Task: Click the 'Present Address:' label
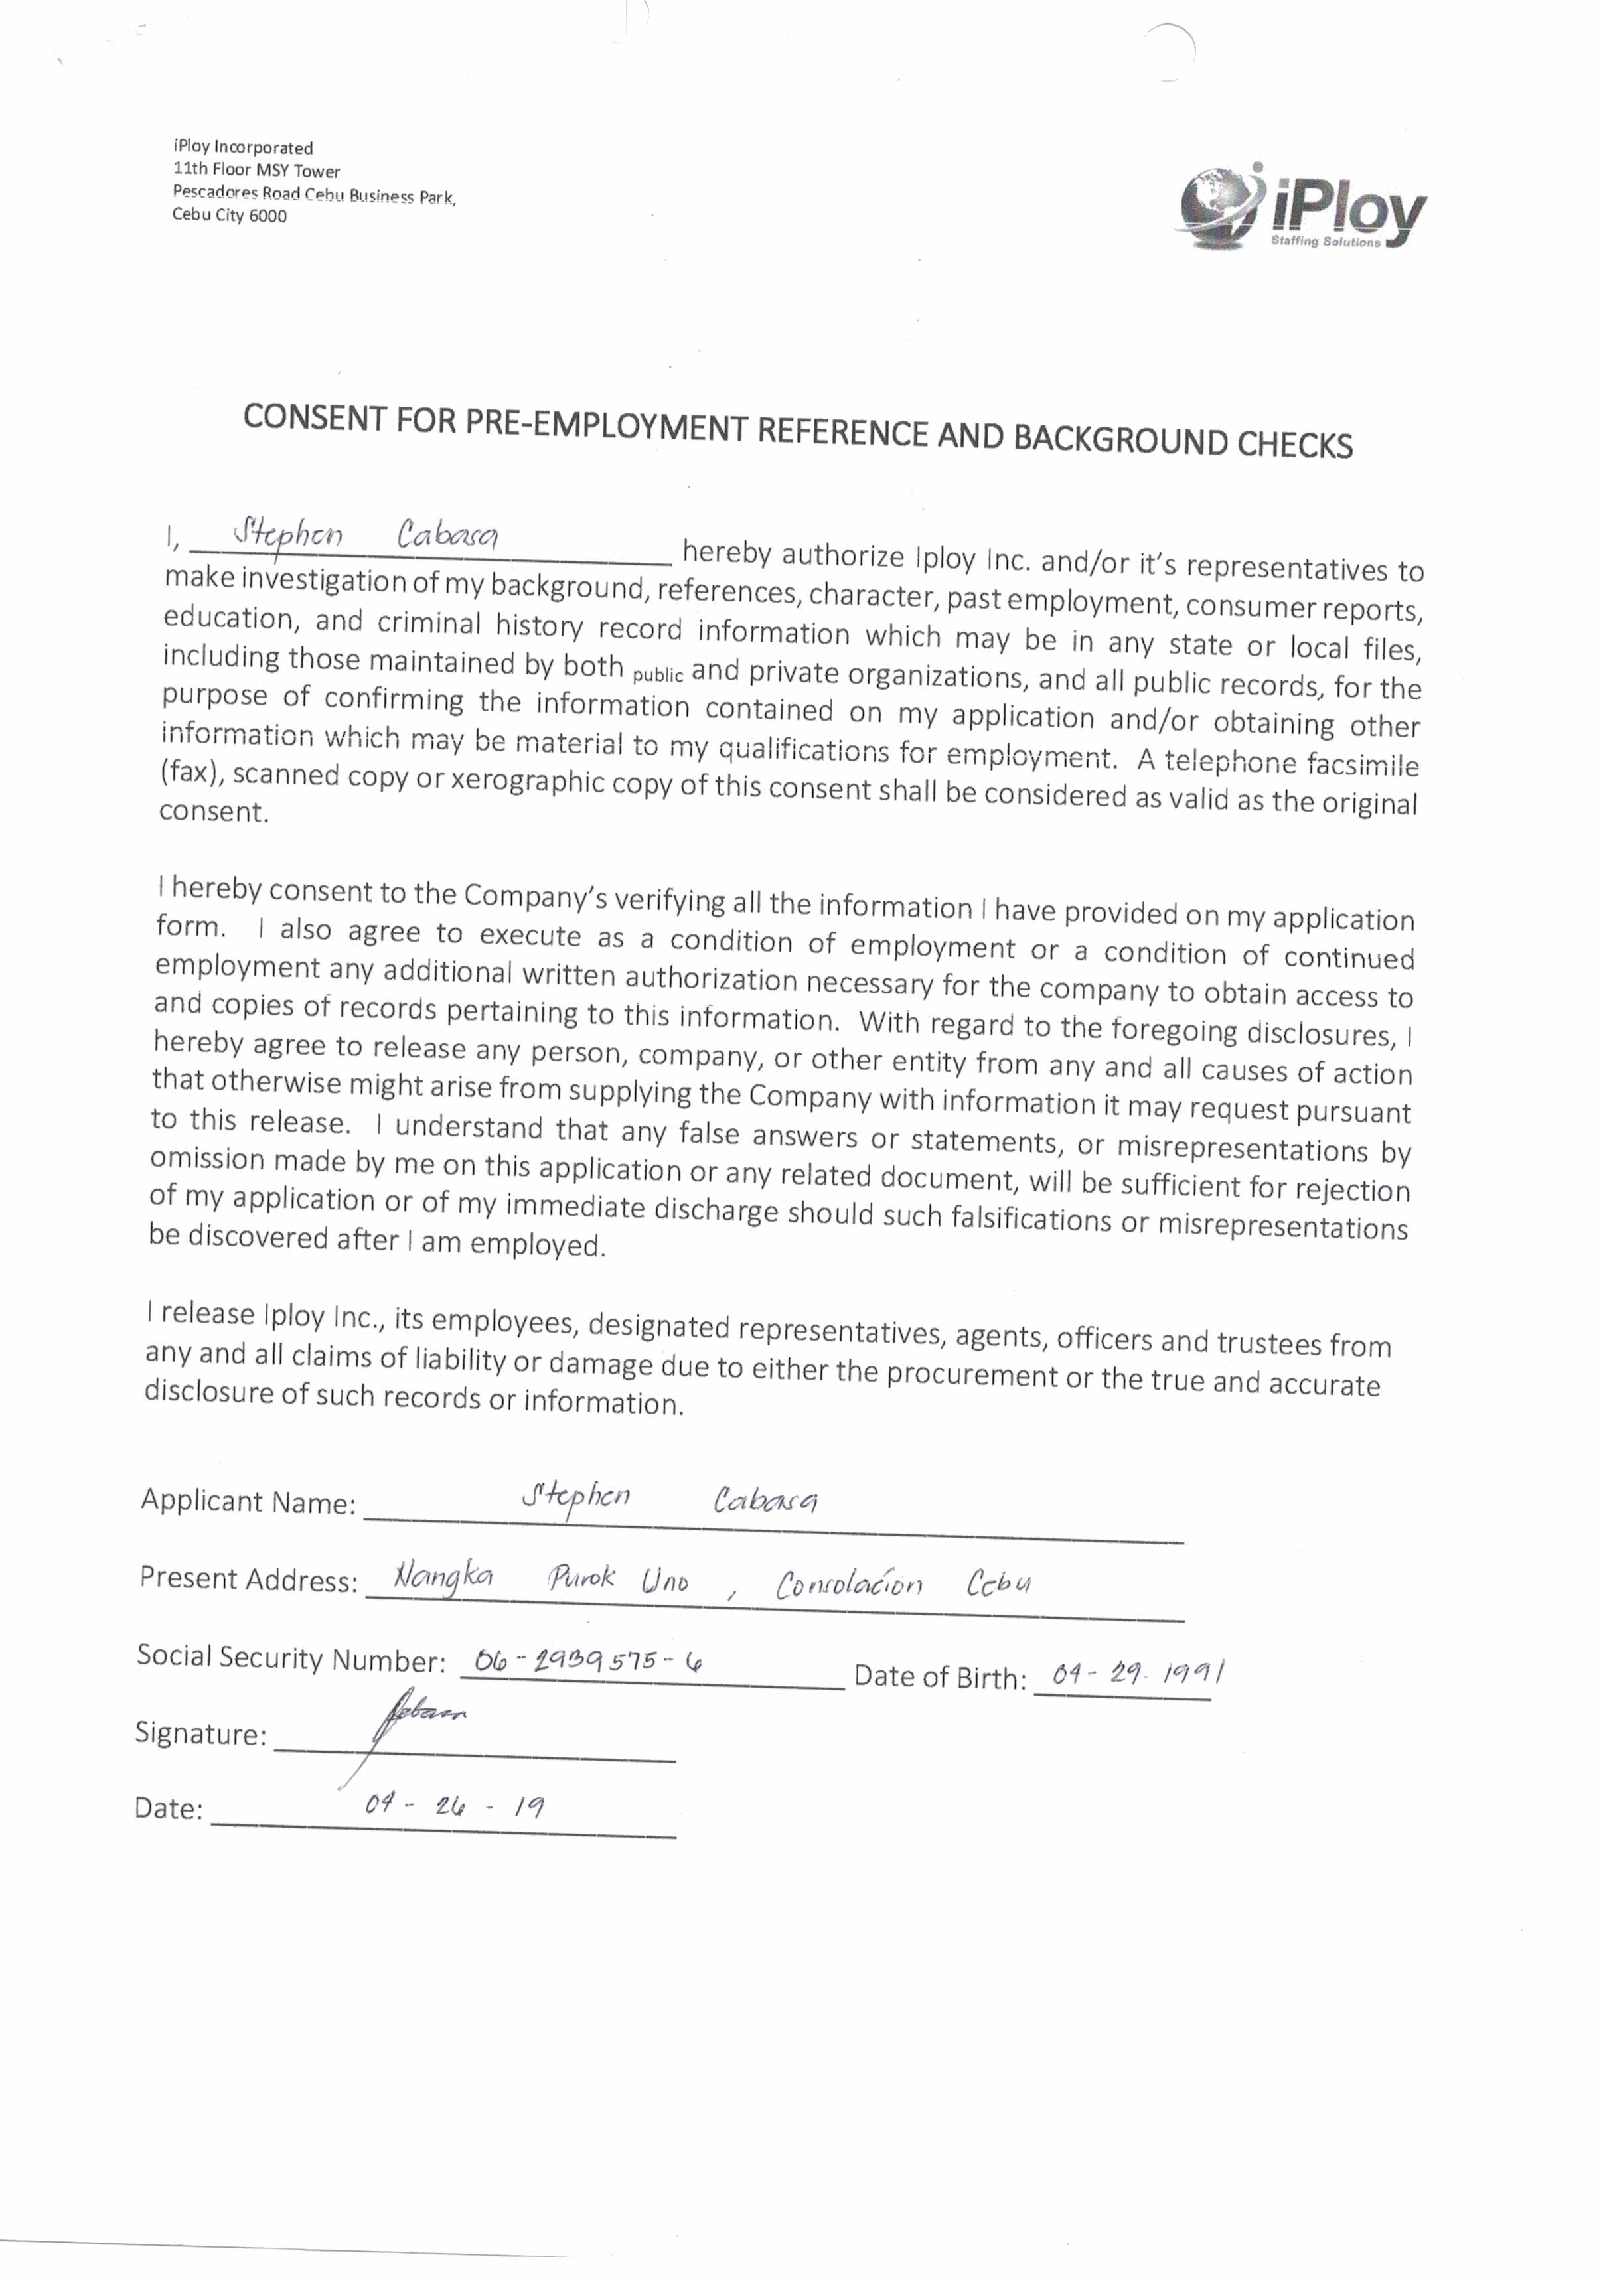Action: point(248,1579)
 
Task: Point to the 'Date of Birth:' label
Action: point(939,1677)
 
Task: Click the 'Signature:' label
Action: point(200,1733)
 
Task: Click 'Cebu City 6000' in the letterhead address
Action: point(230,216)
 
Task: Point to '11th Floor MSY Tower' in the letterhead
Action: point(256,171)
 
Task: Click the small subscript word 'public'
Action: point(657,676)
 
